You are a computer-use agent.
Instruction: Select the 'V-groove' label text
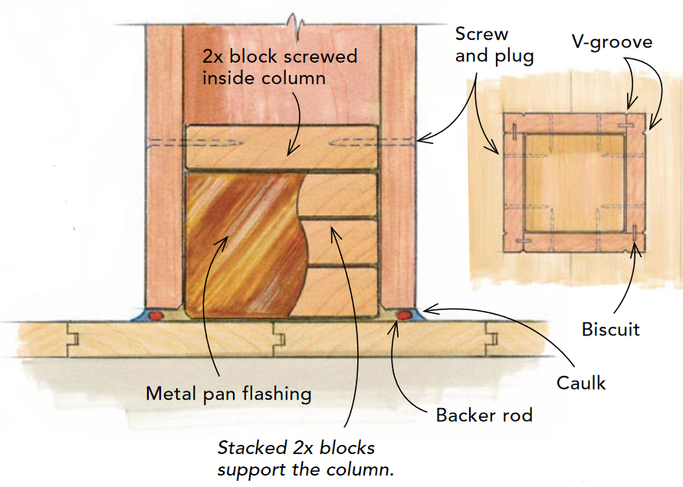pos(611,41)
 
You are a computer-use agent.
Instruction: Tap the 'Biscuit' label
pos(610,330)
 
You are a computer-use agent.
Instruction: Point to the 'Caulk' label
pos(580,382)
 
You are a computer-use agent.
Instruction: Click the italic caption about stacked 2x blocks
pos(296,457)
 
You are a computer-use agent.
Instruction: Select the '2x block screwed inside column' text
pos(279,67)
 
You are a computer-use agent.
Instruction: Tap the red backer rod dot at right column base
pos(402,314)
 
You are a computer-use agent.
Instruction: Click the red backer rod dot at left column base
pos(158,314)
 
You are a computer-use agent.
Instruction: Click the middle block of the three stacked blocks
pos(342,241)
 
